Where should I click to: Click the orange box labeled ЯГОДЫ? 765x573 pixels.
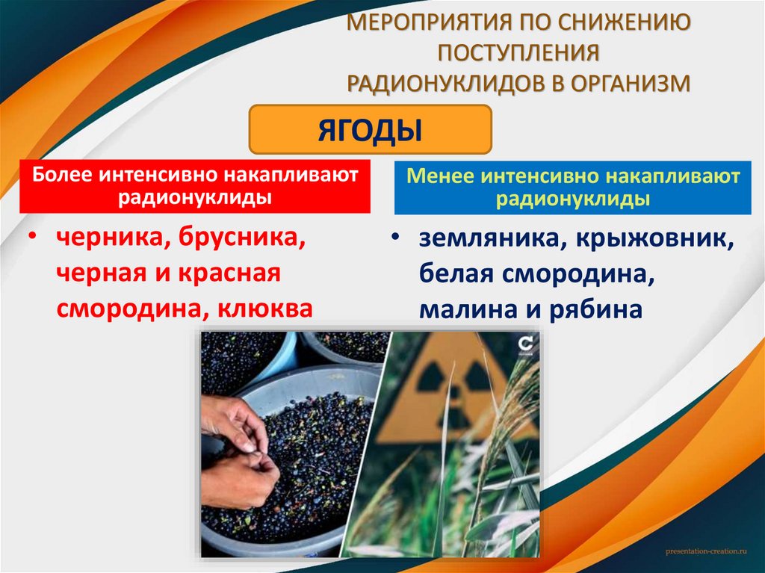tap(370, 129)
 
